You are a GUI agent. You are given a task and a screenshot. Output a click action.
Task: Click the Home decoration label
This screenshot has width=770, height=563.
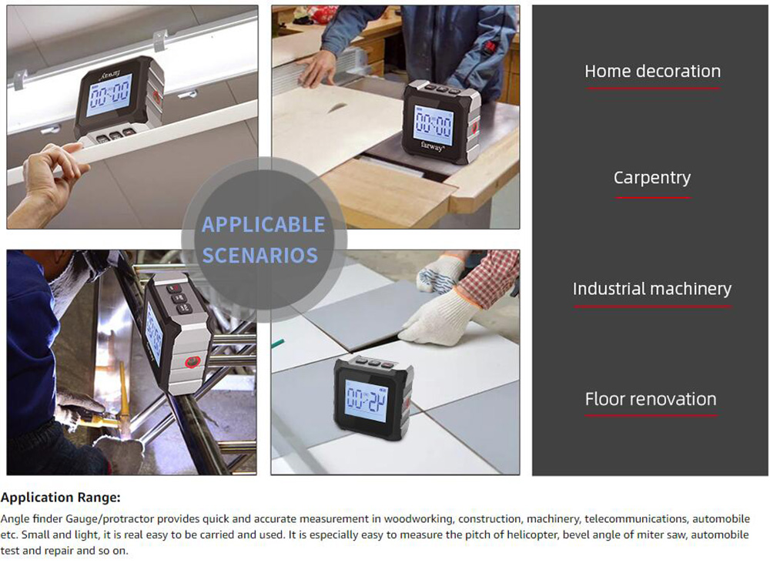[653, 71]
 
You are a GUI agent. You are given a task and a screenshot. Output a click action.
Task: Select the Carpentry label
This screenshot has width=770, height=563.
[652, 178]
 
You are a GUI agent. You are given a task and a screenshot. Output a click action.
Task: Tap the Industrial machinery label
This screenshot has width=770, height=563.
[652, 288]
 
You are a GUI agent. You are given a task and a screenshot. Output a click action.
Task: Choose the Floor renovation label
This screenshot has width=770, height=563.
[651, 399]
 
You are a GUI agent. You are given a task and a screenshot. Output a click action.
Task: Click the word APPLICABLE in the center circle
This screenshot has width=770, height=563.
[263, 225]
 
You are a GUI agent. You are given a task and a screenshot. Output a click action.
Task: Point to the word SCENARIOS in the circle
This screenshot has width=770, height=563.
[260, 256]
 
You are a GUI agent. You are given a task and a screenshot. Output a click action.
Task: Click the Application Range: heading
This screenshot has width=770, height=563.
[60, 498]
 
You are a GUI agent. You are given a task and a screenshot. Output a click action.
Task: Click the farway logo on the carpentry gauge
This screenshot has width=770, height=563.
[433, 146]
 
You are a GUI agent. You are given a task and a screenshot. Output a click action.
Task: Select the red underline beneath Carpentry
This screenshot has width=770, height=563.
[653, 197]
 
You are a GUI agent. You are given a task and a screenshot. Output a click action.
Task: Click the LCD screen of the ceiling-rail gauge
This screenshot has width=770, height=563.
[109, 95]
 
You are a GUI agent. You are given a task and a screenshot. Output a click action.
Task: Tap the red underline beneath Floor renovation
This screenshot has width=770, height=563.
[651, 416]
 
